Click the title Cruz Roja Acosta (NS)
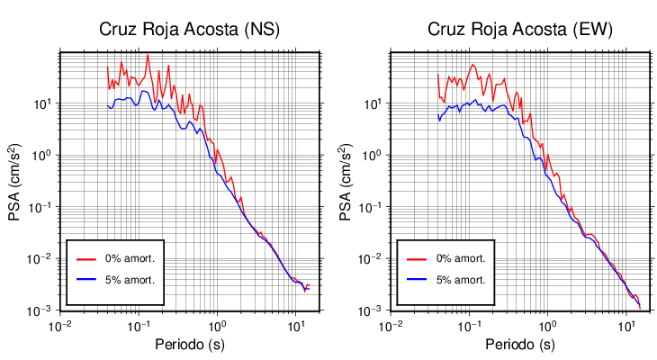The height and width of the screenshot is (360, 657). (189, 29)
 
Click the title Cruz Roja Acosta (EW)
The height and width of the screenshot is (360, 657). (520, 29)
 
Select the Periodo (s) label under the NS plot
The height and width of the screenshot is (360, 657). (189, 345)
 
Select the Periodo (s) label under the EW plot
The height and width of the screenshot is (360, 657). (520, 345)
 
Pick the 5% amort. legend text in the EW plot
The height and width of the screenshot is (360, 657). (461, 279)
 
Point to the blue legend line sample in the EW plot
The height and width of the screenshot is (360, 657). (416, 279)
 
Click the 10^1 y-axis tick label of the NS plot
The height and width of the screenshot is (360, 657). (41, 103)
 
